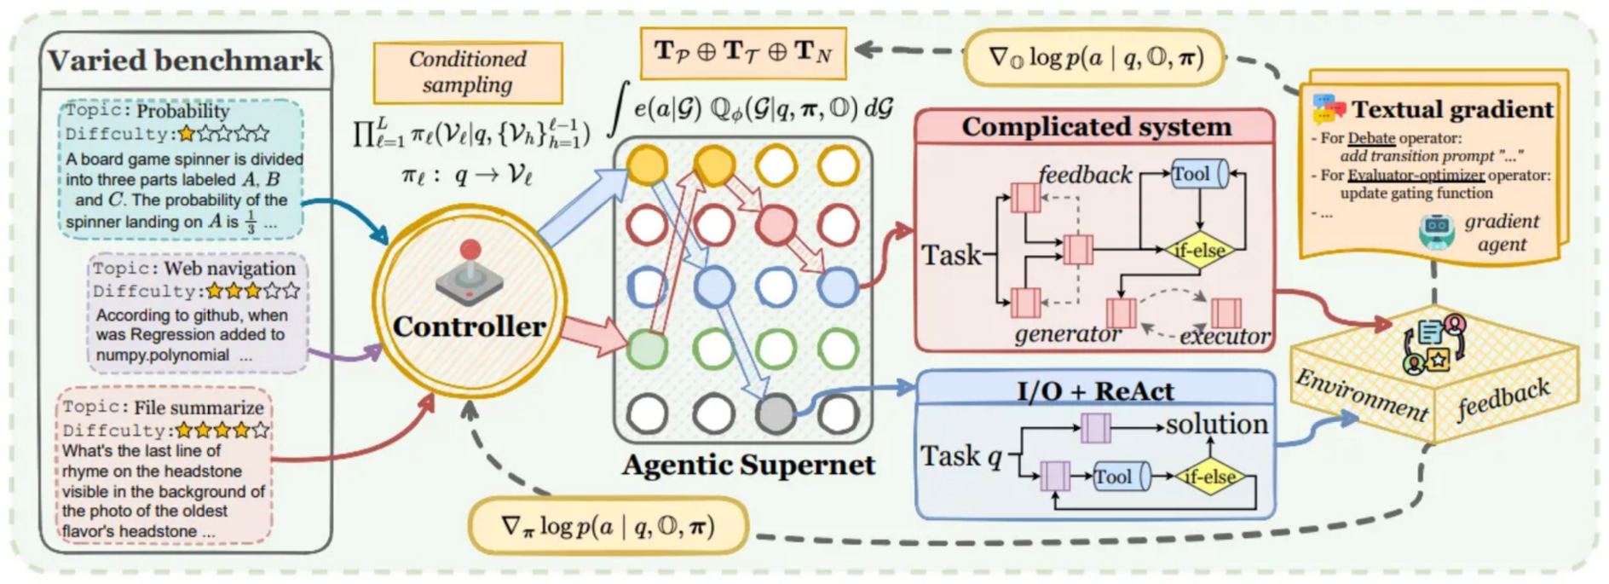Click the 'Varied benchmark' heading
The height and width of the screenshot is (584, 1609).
point(185,61)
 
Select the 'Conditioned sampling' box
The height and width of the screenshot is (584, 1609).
point(468,72)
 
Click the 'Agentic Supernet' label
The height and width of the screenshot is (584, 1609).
point(747,465)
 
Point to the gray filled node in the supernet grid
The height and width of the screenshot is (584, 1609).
point(775,413)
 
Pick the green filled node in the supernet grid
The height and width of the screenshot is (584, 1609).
point(648,348)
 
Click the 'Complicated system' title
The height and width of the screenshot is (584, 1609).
point(1097,126)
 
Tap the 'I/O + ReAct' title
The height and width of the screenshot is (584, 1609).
point(1095,390)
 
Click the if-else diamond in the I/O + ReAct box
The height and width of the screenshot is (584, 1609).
point(1209,477)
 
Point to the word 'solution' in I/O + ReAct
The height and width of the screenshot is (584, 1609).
point(1217,424)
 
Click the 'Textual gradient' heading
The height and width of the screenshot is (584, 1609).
point(1452,109)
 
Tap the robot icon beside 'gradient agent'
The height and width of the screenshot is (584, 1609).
point(1437,231)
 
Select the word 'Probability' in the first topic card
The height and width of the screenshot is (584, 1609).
point(182,111)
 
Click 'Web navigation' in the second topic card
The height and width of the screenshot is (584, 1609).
point(229,269)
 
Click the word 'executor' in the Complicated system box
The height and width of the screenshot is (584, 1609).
point(1225,337)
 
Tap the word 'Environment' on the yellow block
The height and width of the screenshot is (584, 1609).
point(1361,395)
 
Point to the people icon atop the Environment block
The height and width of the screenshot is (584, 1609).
point(1434,344)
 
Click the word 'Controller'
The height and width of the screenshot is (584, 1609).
point(469,327)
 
